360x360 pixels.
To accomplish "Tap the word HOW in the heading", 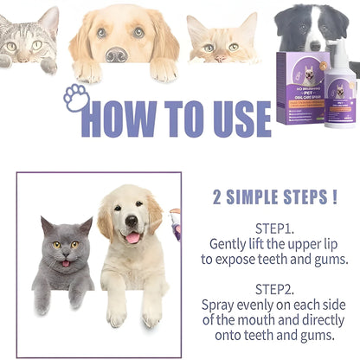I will pos(129,118).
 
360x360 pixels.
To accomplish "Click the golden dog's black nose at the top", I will pos(116,54).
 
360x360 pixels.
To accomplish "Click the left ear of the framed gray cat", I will pos(46,225).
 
